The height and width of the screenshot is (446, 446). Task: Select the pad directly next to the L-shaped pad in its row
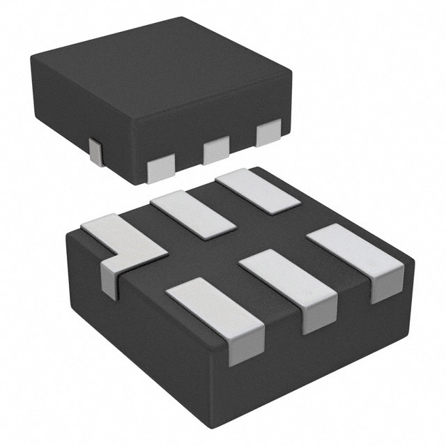pyautogui.click(x=194, y=213)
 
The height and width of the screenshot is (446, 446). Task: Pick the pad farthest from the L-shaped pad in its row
pyautogui.click(x=257, y=191)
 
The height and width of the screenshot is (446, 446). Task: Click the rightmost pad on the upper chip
pyautogui.click(x=268, y=132)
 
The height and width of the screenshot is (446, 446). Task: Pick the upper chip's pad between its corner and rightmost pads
pyautogui.click(x=216, y=149)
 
